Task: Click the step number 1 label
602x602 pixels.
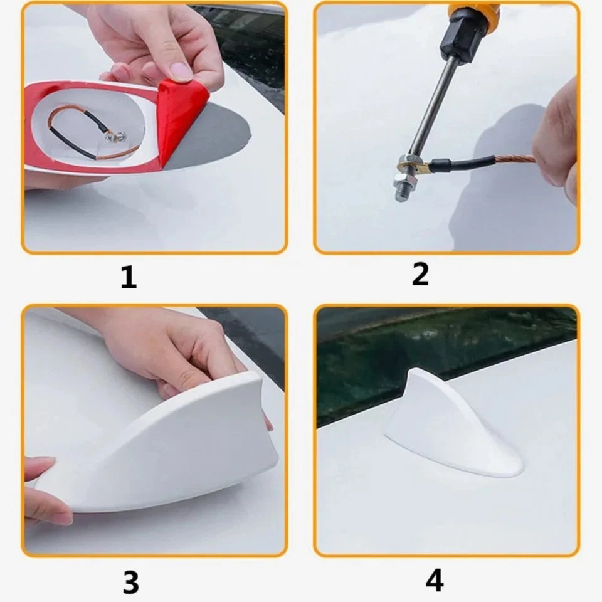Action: [129, 277]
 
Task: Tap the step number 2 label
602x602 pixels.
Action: [420, 274]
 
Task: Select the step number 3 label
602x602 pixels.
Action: [130, 582]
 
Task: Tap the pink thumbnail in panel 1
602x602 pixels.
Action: [181, 71]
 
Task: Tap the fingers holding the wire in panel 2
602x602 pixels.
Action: [555, 144]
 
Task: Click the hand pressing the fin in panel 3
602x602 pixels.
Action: [169, 351]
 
